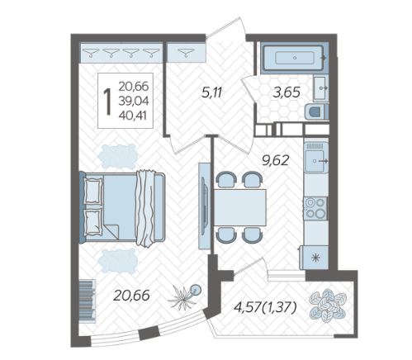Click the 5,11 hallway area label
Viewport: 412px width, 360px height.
coord(211,93)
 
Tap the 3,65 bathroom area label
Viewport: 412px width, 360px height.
coord(287,92)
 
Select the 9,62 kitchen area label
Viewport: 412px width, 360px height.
coord(276,160)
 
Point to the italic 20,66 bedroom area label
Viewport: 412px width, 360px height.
coord(132,296)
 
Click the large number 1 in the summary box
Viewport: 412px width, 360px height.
coord(107,101)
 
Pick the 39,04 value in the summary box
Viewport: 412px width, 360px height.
coord(134,102)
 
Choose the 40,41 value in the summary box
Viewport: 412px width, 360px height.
coord(133,116)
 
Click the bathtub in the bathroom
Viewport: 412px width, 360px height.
coord(295,58)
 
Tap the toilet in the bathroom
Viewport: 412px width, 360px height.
coord(317,111)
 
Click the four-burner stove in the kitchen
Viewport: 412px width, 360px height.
coord(315,208)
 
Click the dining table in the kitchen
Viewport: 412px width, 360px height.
coord(239,207)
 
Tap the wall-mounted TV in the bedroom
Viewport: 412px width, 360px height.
coord(204,206)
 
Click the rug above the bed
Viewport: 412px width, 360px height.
coord(119,156)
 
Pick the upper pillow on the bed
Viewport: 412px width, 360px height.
coord(93,191)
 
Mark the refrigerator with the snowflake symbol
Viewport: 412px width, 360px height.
coord(314,258)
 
